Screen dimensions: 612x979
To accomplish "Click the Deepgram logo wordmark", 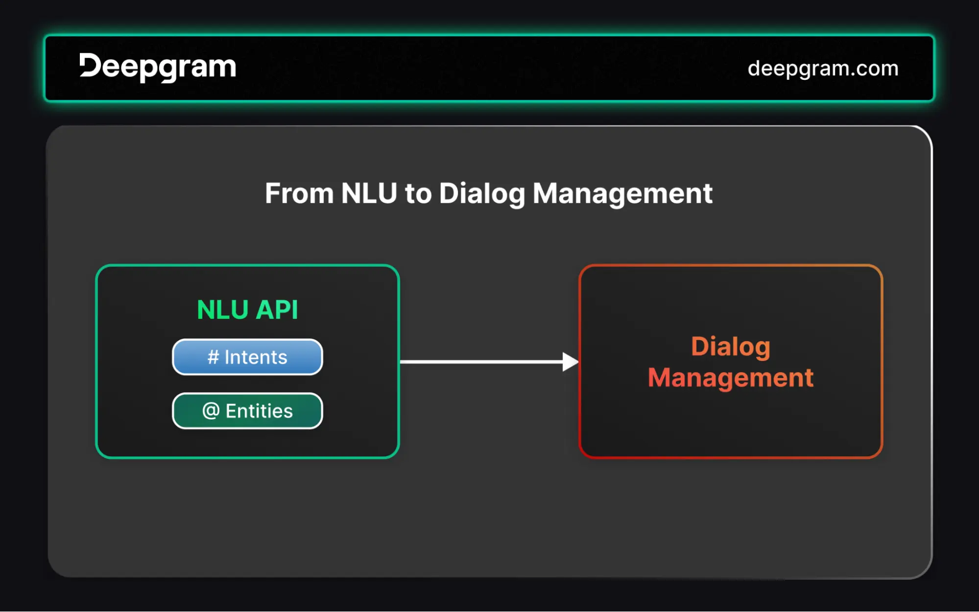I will pyautogui.click(x=158, y=67).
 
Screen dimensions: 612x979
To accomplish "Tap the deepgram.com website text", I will pyautogui.click(x=823, y=69).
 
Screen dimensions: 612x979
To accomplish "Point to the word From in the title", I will pyautogui.click(x=299, y=193).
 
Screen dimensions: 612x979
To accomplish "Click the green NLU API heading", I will pyautogui.click(x=247, y=310).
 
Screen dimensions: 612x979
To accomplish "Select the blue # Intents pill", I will pyautogui.click(x=247, y=357).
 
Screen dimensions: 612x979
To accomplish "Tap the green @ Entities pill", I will pyautogui.click(x=247, y=411).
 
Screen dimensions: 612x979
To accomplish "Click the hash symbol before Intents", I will pyautogui.click(x=213, y=357).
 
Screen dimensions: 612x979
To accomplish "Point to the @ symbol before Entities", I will pyautogui.click(x=211, y=410).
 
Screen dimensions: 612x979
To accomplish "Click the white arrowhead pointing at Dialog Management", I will pyautogui.click(x=570, y=362).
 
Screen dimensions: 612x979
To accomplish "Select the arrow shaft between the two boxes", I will pyautogui.click(x=480, y=362).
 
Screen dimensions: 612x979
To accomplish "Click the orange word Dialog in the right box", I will pyautogui.click(x=730, y=347).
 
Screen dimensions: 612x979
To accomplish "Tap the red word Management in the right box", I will pyautogui.click(x=730, y=378).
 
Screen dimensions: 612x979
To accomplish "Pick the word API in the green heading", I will pyautogui.click(x=277, y=310).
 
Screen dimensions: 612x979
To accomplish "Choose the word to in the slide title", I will pyautogui.click(x=418, y=194).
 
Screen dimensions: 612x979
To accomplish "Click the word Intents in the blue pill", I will pyautogui.click(x=256, y=357).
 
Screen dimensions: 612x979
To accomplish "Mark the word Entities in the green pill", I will pyautogui.click(x=259, y=411).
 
